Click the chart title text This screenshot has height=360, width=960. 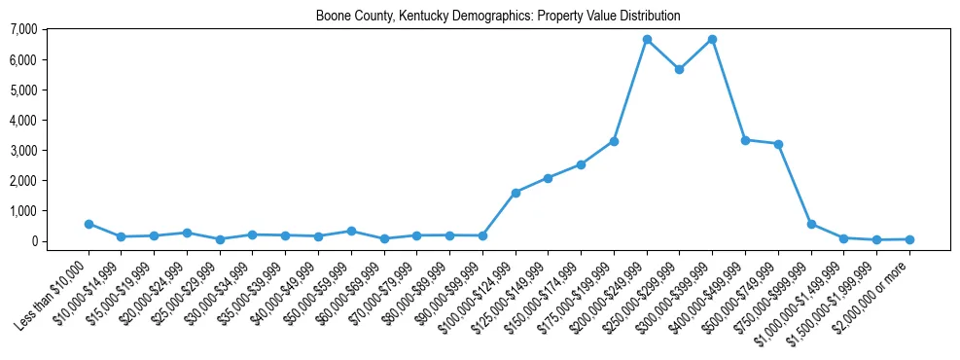tap(498, 17)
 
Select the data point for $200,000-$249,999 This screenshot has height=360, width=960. tap(647, 40)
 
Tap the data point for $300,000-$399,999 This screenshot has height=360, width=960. tap(712, 40)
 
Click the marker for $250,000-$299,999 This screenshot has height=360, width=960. tap(679, 69)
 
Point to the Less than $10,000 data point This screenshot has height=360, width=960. tap(89, 224)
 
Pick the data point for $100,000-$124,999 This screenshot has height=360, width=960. tap(516, 193)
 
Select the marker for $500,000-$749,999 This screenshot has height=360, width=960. tap(778, 144)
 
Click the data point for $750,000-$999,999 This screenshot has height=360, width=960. tap(811, 224)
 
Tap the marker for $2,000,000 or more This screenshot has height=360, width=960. tap(909, 239)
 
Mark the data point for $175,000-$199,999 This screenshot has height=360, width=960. tap(614, 141)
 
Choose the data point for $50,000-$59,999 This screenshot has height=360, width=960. tap(351, 231)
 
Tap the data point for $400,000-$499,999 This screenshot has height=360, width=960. tap(745, 140)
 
